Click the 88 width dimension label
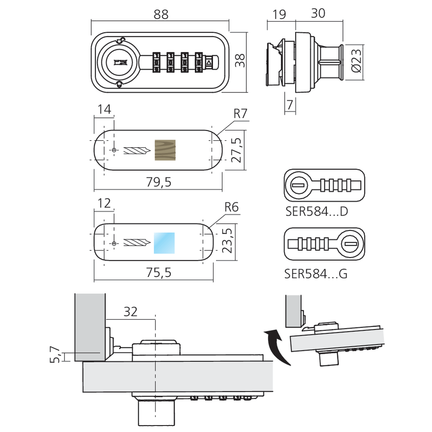click(x=161, y=14)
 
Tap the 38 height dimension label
click(x=240, y=60)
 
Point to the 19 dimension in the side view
click(x=279, y=14)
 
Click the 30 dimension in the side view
click(x=318, y=13)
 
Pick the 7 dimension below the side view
click(x=289, y=105)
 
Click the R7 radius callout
click(x=240, y=114)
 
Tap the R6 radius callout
click(x=232, y=207)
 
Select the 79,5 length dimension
click(x=159, y=182)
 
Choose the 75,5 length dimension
click(x=159, y=273)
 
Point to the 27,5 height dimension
click(x=237, y=150)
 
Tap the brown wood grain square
click(x=165, y=150)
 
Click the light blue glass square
click(x=164, y=243)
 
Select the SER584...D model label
click(x=317, y=212)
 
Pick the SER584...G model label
click(x=316, y=274)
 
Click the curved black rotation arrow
click(x=276, y=346)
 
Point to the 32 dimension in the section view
click(x=130, y=312)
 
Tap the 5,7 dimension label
click(x=55, y=354)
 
